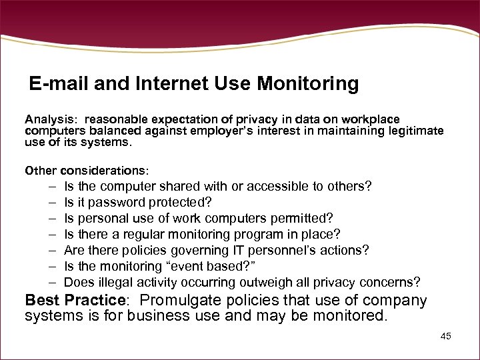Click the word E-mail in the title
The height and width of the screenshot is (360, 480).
[x=60, y=84]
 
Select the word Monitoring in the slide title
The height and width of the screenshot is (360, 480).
[x=308, y=84]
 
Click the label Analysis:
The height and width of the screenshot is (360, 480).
[x=51, y=119]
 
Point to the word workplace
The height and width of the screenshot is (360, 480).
[x=369, y=119]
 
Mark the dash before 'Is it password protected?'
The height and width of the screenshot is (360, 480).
[x=51, y=202]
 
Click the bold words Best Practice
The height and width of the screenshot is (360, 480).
[x=75, y=300]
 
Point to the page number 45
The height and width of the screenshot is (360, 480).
[x=445, y=336]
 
